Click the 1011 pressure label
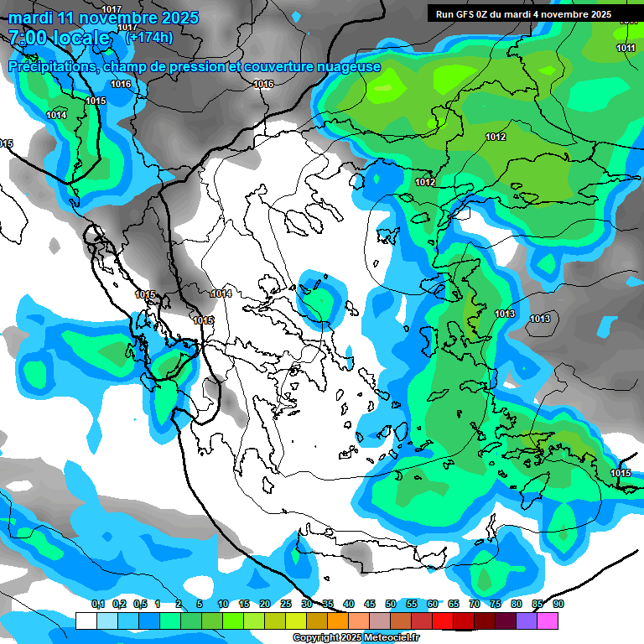(x=626, y=48)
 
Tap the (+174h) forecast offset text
(x=149, y=37)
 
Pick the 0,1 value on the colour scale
(x=98, y=605)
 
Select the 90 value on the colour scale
(x=558, y=605)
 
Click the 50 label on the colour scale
(x=391, y=605)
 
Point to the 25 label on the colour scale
(x=286, y=605)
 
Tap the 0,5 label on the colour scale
(x=140, y=605)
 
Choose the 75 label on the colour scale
(x=496, y=605)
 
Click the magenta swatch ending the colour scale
(x=548, y=621)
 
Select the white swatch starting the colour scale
(x=86, y=621)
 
